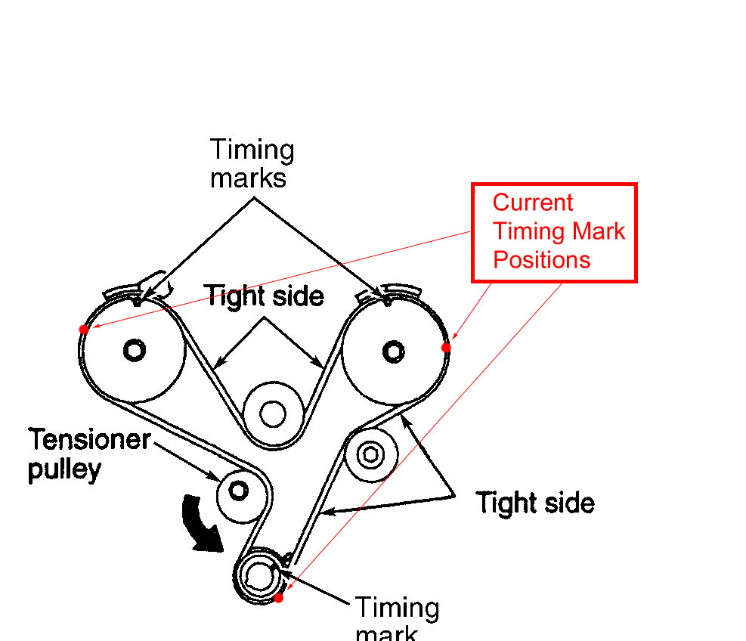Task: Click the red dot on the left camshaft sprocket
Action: [83, 329]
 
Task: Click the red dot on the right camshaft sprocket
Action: [446, 347]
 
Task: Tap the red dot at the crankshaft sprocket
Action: [278, 598]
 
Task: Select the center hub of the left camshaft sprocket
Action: [135, 349]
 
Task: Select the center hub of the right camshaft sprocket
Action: [392, 350]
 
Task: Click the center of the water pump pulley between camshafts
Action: [271, 413]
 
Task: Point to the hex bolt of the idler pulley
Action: [370, 454]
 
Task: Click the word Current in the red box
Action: [533, 203]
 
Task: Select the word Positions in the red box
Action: [541, 259]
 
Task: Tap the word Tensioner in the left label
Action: [90, 439]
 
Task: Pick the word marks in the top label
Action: [248, 178]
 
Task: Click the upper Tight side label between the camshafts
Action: [265, 296]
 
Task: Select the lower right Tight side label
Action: [535, 503]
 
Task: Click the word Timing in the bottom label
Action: [397, 607]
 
